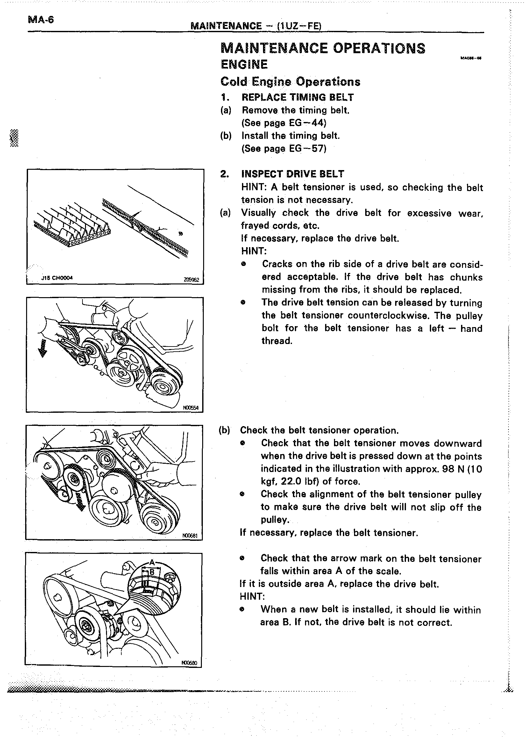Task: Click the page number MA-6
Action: tap(41, 20)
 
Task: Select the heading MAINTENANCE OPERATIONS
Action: tap(323, 48)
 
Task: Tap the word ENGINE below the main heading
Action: tap(244, 64)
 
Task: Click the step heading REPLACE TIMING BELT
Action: tap(298, 97)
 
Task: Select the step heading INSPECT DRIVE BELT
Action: tap(293, 174)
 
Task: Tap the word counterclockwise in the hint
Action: tap(389, 315)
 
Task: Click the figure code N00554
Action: tap(190, 408)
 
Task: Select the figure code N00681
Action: tap(190, 536)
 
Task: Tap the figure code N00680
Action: tap(189, 663)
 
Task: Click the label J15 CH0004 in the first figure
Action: tap(57, 278)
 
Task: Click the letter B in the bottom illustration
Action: tap(152, 572)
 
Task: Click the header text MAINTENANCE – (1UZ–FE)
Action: tap(256, 26)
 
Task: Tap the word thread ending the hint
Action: tap(277, 341)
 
